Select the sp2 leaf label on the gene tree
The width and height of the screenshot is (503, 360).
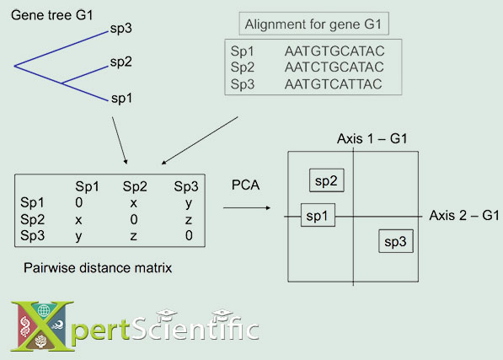120,62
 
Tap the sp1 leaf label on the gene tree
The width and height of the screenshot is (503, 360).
120,98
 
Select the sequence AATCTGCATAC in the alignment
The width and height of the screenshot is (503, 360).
334,67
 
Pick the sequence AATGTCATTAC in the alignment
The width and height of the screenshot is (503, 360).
334,83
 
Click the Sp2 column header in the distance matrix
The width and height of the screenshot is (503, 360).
135,186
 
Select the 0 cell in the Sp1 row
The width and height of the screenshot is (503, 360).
79,203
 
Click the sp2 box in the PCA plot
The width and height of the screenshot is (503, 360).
325,180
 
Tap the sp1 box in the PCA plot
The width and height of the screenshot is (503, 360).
318,217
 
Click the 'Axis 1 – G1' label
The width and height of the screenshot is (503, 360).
372,138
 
